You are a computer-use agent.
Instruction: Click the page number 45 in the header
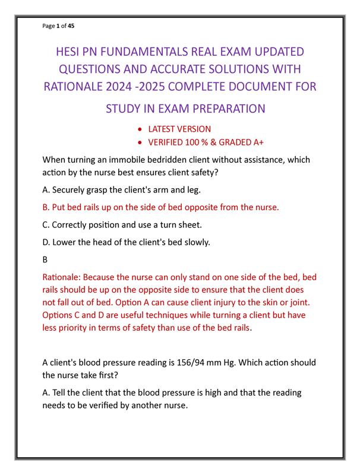point(71,26)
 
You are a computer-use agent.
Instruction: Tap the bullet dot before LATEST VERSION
point(139,129)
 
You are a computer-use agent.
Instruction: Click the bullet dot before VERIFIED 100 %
point(139,142)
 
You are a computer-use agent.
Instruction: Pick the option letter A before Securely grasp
point(46,191)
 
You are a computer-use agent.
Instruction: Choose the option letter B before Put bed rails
point(46,208)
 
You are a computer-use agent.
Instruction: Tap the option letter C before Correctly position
point(46,225)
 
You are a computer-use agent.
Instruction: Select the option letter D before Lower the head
point(46,242)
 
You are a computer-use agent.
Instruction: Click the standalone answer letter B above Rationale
point(46,259)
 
